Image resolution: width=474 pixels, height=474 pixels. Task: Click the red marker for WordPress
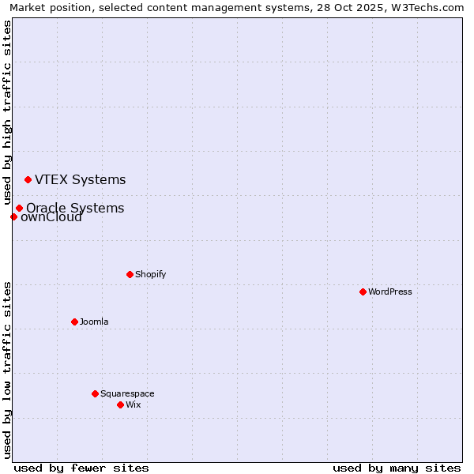click(x=363, y=292)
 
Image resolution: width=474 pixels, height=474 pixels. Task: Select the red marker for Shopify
click(x=130, y=274)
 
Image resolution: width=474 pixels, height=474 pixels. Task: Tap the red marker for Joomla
click(x=74, y=322)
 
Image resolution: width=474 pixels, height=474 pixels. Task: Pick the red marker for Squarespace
click(x=95, y=393)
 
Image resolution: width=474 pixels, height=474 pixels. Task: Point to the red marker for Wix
click(x=120, y=404)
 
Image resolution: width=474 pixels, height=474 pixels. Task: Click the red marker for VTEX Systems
click(x=28, y=179)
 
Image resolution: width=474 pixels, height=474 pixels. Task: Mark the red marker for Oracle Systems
click(x=19, y=208)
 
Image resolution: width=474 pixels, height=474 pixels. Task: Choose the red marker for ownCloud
click(x=13, y=216)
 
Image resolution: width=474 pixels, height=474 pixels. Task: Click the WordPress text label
click(x=390, y=292)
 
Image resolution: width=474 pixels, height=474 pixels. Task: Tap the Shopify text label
click(x=150, y=274)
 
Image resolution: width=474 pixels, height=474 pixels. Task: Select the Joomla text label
click(x=94, y=322)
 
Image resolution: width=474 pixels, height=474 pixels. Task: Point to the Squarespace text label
click(x=127, y=393)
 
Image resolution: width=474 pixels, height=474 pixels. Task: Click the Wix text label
click(x=133, y=404)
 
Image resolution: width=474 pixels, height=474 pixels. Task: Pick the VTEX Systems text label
click(x=80, y=179)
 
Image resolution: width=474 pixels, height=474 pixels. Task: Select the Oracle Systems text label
click(x=75, y=207)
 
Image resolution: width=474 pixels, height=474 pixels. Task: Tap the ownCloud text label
click(x=52, y=218)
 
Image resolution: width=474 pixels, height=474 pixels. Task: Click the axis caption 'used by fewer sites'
click(x=81, y=468)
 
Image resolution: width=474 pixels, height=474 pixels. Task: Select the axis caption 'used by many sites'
click(x=397, y=468)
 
